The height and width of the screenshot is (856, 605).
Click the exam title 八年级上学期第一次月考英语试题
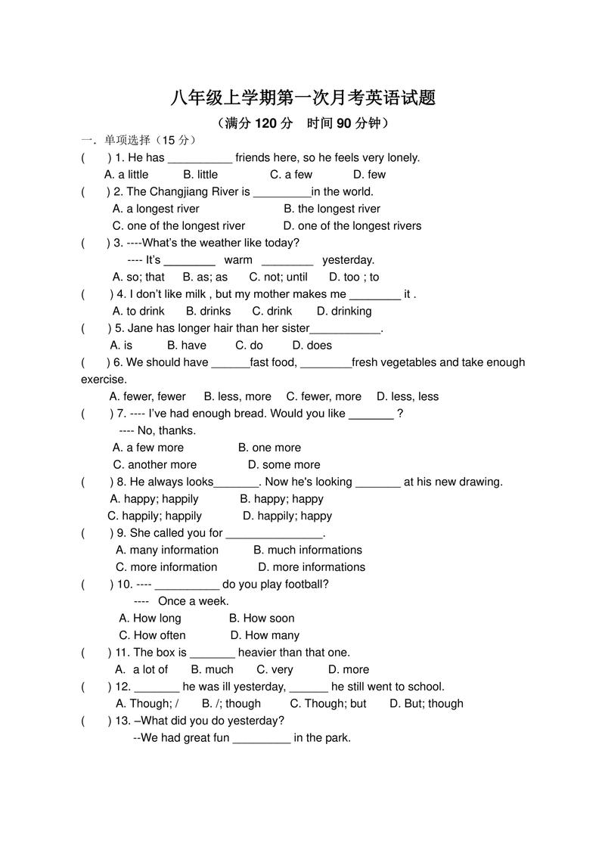pyautogui.click(x=302, y=98)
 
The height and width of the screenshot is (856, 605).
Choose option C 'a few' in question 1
pyautogui.click(x=291, y=175)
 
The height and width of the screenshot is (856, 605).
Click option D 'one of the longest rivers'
pyautogui.click(x=352, y=226)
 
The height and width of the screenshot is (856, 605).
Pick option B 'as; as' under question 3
pyautogui.click(x=205, y=278)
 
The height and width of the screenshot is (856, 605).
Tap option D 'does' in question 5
pyautogui.click(x=312, y=346)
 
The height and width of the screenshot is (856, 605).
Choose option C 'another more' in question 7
pyautogui.click(x=155, y=465)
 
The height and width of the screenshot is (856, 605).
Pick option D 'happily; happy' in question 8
pyautogui.click(x=287, y=516)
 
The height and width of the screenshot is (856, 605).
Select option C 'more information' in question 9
pyautogui.click(x=166, y=567)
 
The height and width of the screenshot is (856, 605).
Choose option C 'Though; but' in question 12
pyautogui.click(x=328, y=704)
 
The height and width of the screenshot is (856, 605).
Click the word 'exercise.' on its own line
pyautogui.click(x=104, y=380)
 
